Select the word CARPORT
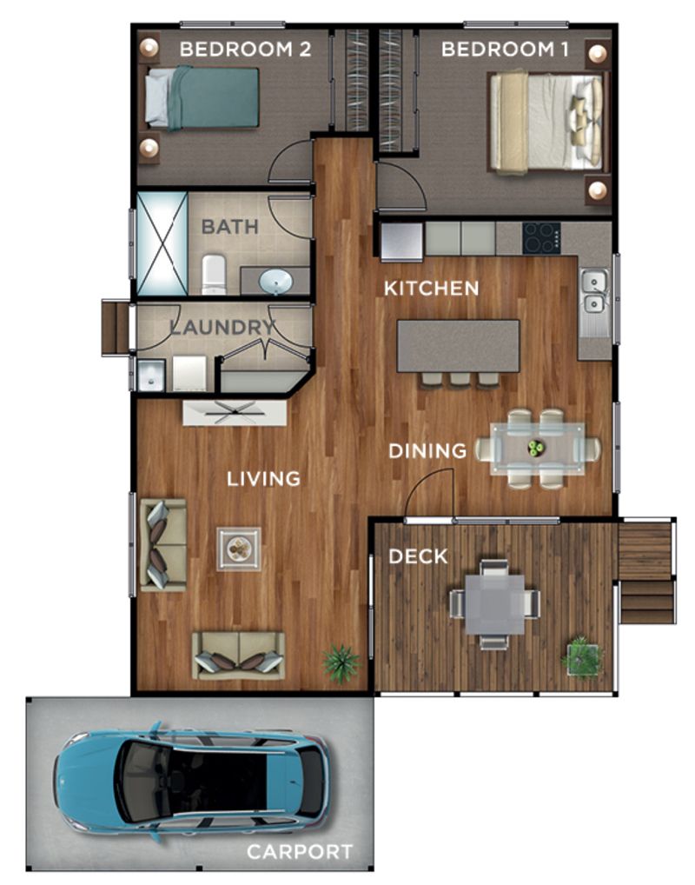pyautogui.click(x=300, y=851)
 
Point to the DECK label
pyautogui.click(x=418, y=556)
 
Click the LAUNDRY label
pyautogui.click(x=222, y=328)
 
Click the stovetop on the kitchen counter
pyautogui.click(x=540, y=236)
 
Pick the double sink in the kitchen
pyautogui.click(x=594, y=291)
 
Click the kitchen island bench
pyautogui.click(x=458, y=345)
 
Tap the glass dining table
pyautogui.click(x=537, y=449)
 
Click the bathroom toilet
pyautogui.click(x=214, y=274)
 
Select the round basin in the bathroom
pyautogui.click(x=276, y=281)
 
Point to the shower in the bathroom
pyautogui.click(x=162, y=243)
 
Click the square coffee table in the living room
pyautogui.click(x=239, y=549)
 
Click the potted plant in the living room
pyautogui.click(x=341, y=662)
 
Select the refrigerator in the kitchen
pyautogui.click(x=400, y=240)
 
